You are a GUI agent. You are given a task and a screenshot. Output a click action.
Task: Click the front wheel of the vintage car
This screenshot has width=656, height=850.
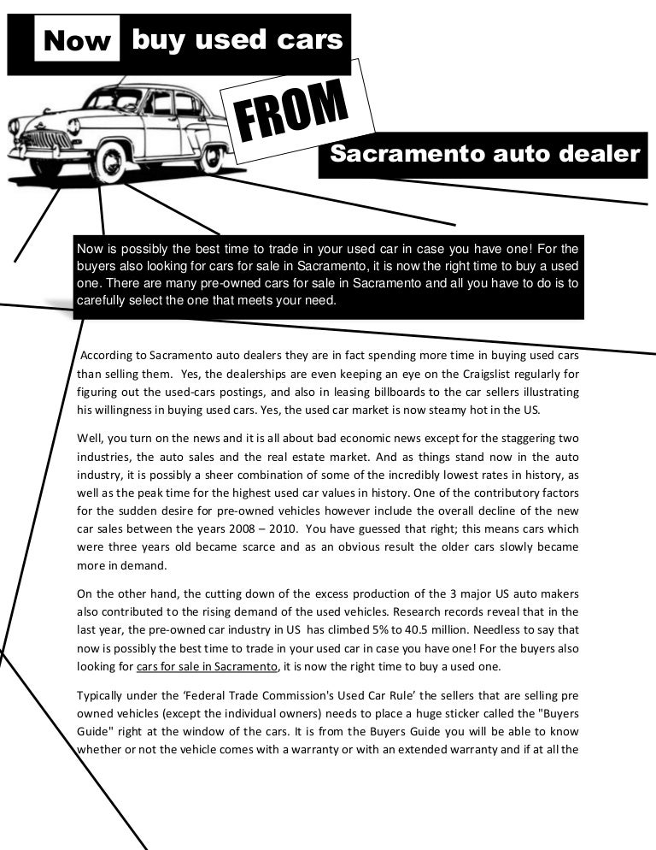tap(108, 162)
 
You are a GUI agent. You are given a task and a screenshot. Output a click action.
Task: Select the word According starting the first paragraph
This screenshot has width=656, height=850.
tap(106, 355)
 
